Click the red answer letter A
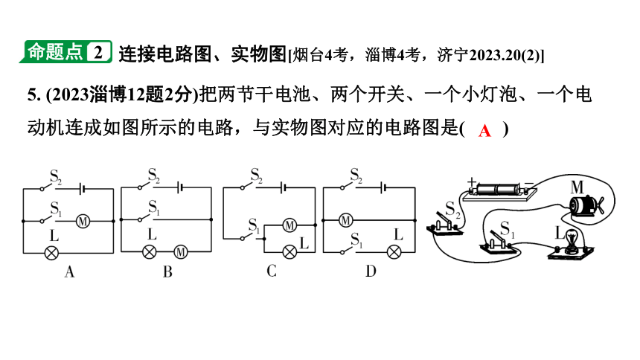point(484,131)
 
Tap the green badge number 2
point(97,52)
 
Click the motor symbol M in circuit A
point(83,221)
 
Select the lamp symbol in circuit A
point(51,253)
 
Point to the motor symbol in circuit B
point(180,252)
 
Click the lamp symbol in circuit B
point(150,252)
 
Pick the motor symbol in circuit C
point(289,225)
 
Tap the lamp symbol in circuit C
point(289,252)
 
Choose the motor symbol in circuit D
point(346,220)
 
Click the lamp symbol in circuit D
point(394,252)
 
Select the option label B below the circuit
point(167,271)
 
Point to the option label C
point(272,271)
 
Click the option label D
point(371,271)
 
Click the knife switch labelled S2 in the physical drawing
point(445,224)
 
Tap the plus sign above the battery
point(471,181)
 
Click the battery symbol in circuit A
point(82,189)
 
